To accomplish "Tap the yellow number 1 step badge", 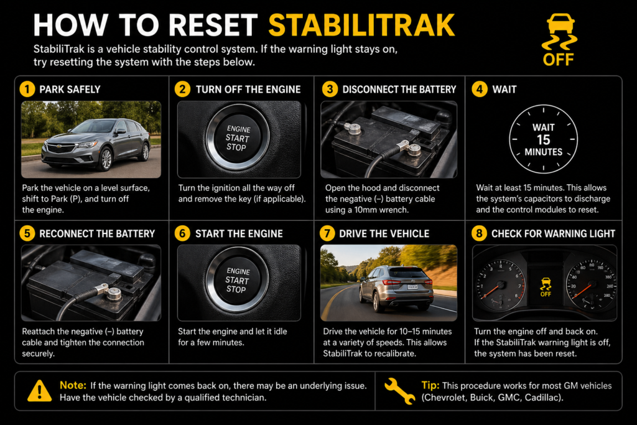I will [27, 90].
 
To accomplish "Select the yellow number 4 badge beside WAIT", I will [479, 90].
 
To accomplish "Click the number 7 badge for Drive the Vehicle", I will [328, 234].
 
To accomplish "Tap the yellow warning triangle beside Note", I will [39, 391].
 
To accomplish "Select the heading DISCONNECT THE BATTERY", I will [399, 90].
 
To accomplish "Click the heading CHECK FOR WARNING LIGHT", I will [553, 234].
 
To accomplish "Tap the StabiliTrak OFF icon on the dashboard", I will [545, 286].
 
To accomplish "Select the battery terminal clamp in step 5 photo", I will [114, 292].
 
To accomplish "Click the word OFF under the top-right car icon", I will [558, 60].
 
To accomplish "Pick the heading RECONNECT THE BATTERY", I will [97, 234].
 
